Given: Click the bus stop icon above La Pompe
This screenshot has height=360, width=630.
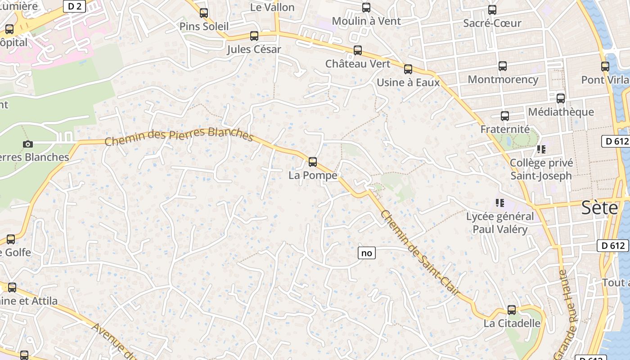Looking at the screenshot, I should coord(313,162).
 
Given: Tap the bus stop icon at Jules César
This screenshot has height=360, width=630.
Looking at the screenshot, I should coord(254,36).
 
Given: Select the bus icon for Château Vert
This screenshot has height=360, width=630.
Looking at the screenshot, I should coord(358,50).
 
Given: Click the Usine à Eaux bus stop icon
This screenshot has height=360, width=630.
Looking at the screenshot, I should coord(408,69).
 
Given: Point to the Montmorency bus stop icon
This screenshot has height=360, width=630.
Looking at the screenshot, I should coord(503,66).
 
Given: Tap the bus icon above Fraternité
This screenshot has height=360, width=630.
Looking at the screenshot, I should coord(505,116).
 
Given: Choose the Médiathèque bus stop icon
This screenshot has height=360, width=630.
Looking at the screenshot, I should coord(561,98).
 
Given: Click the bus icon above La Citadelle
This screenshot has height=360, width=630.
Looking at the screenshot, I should coord(512,310).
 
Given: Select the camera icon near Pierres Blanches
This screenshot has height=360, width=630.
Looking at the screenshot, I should coord(28,144).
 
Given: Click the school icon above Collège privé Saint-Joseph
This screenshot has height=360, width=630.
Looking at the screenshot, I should coord(541,149).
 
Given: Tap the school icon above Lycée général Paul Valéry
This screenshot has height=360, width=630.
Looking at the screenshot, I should coord(499,203).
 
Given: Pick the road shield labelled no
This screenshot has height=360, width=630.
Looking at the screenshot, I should coord(366,253).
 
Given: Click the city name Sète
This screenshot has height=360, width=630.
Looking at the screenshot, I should coord(599,208).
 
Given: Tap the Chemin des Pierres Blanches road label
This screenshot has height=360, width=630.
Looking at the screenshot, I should coord(179,136).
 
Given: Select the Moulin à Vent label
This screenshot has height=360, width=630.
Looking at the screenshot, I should coord(366,21).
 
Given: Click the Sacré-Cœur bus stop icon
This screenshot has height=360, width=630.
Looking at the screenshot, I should coord(492,10).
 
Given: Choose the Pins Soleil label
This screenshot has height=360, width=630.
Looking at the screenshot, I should coord(204,27).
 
